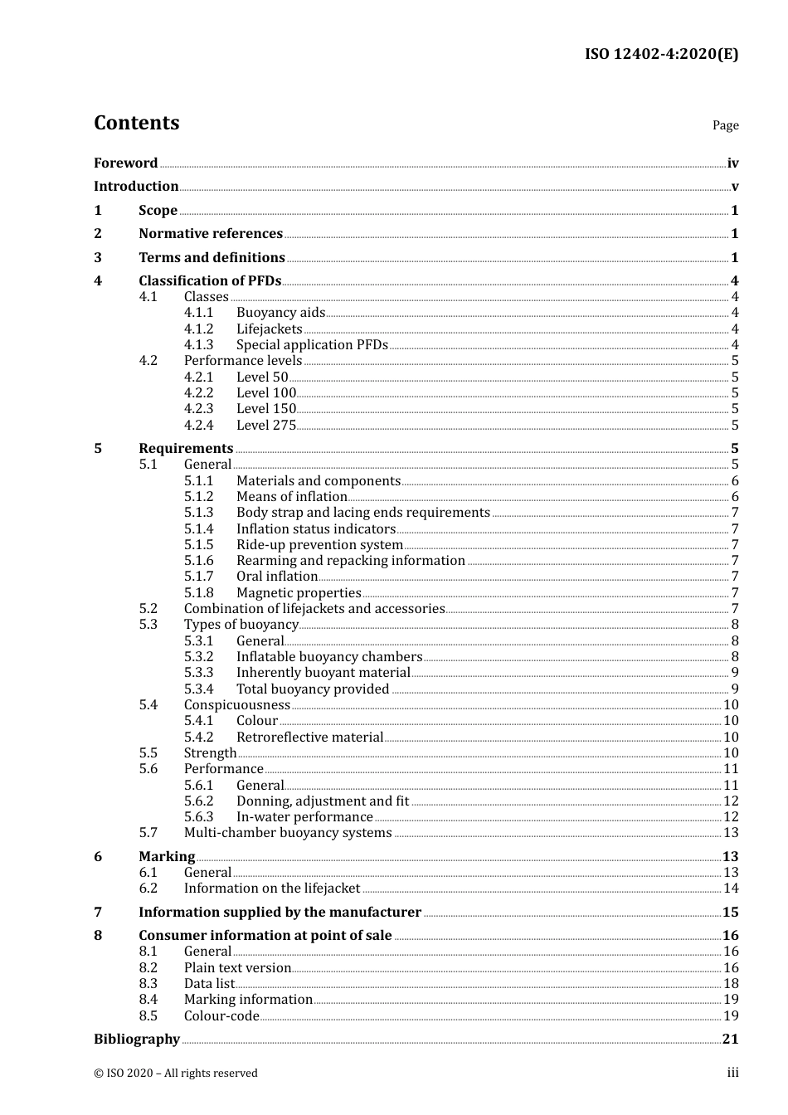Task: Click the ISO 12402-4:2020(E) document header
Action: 661,55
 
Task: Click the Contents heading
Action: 136,123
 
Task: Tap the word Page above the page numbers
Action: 725,125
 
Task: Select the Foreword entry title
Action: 125,163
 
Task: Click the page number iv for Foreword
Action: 732,163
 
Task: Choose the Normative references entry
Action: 211,234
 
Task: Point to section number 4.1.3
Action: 198,345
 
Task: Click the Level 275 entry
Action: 265,426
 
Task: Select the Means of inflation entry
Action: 291,497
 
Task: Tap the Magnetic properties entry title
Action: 299,593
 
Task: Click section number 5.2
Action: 148,609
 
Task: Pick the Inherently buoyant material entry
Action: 323,673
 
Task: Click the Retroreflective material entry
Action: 309,738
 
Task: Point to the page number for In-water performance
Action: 731,817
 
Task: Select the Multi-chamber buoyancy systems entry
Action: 287,833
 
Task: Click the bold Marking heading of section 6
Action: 167,857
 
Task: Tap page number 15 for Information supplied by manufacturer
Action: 730,913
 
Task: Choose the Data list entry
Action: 209,984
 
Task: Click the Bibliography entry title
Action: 137,1040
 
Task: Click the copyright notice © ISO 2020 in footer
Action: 176,1074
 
